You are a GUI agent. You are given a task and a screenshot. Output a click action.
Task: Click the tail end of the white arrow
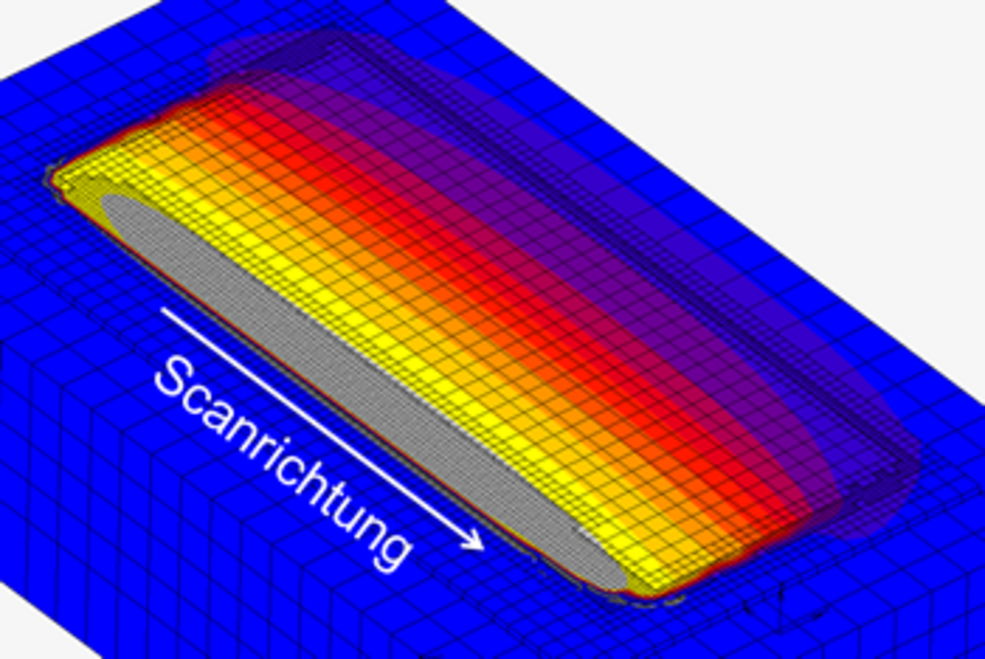tap(162, 309)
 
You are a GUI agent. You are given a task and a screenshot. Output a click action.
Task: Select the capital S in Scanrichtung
tap(175, 378)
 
